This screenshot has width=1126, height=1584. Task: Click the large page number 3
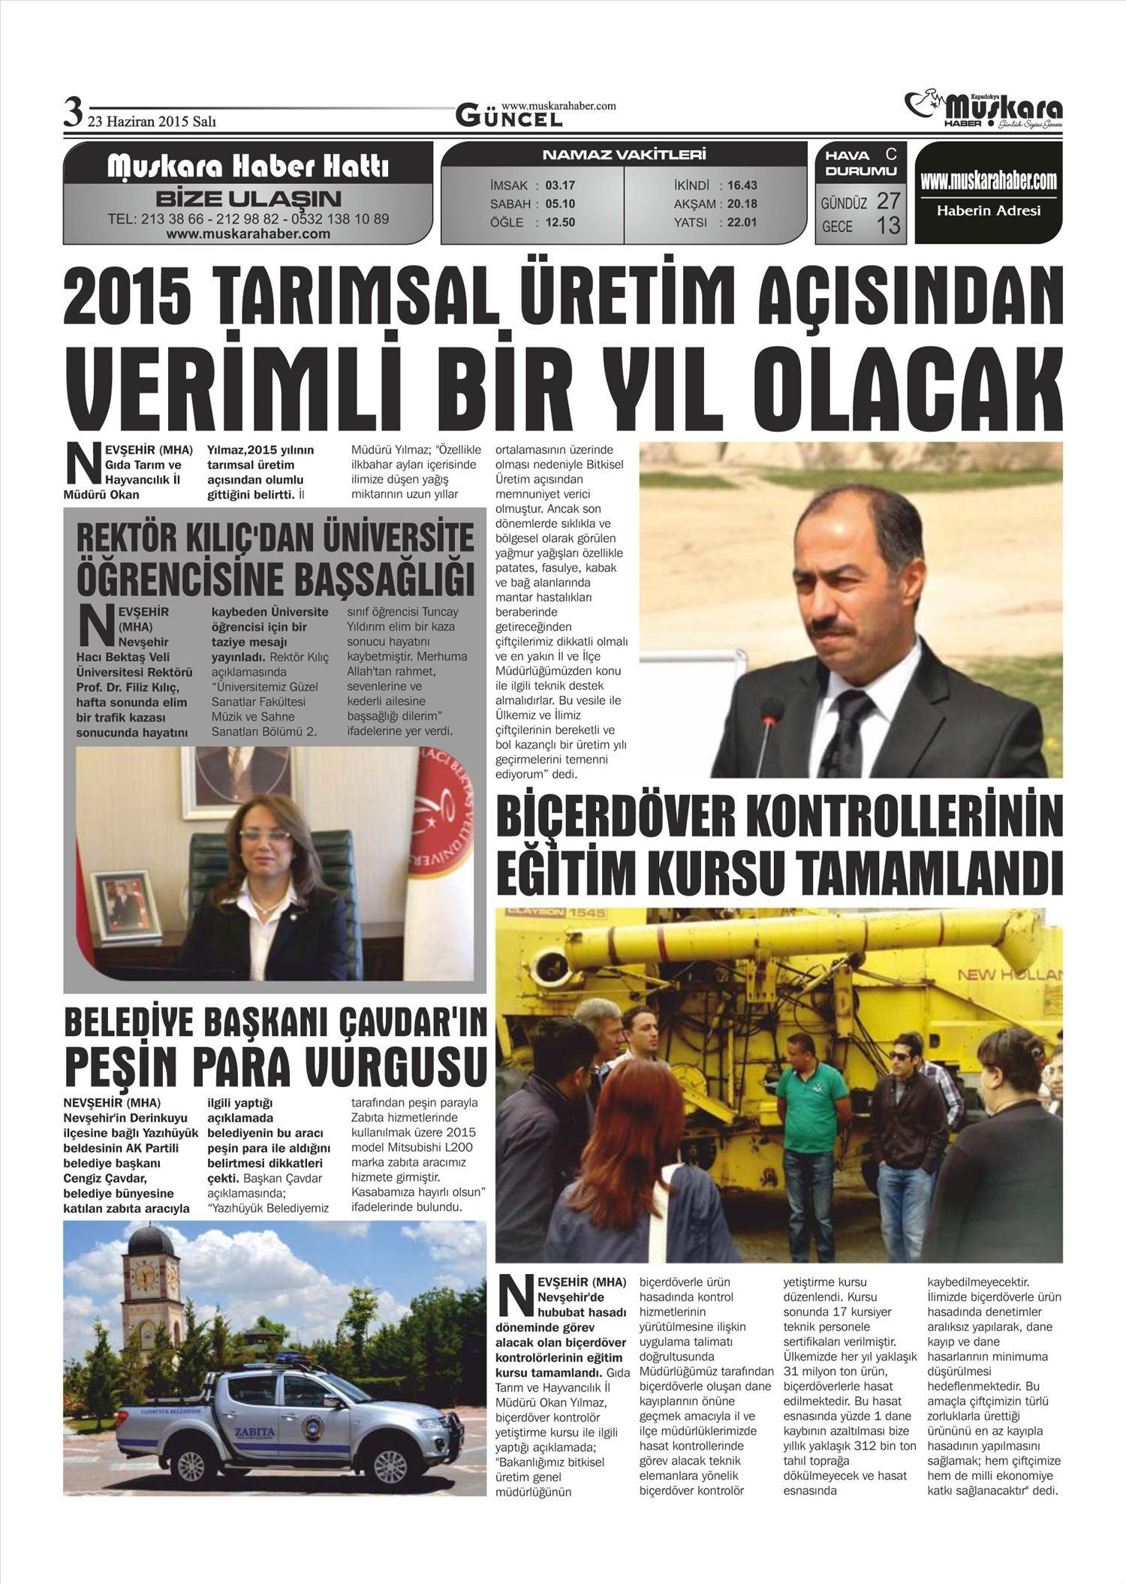pos(72,114)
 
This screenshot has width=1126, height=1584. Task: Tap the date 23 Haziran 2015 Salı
pos(152,121)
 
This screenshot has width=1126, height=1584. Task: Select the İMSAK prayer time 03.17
pos(560,185)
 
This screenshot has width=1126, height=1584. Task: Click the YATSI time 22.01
pos(742,222)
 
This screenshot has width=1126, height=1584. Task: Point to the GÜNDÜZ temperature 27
pos(888,201)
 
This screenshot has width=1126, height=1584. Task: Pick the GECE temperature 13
pos(888,225)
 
